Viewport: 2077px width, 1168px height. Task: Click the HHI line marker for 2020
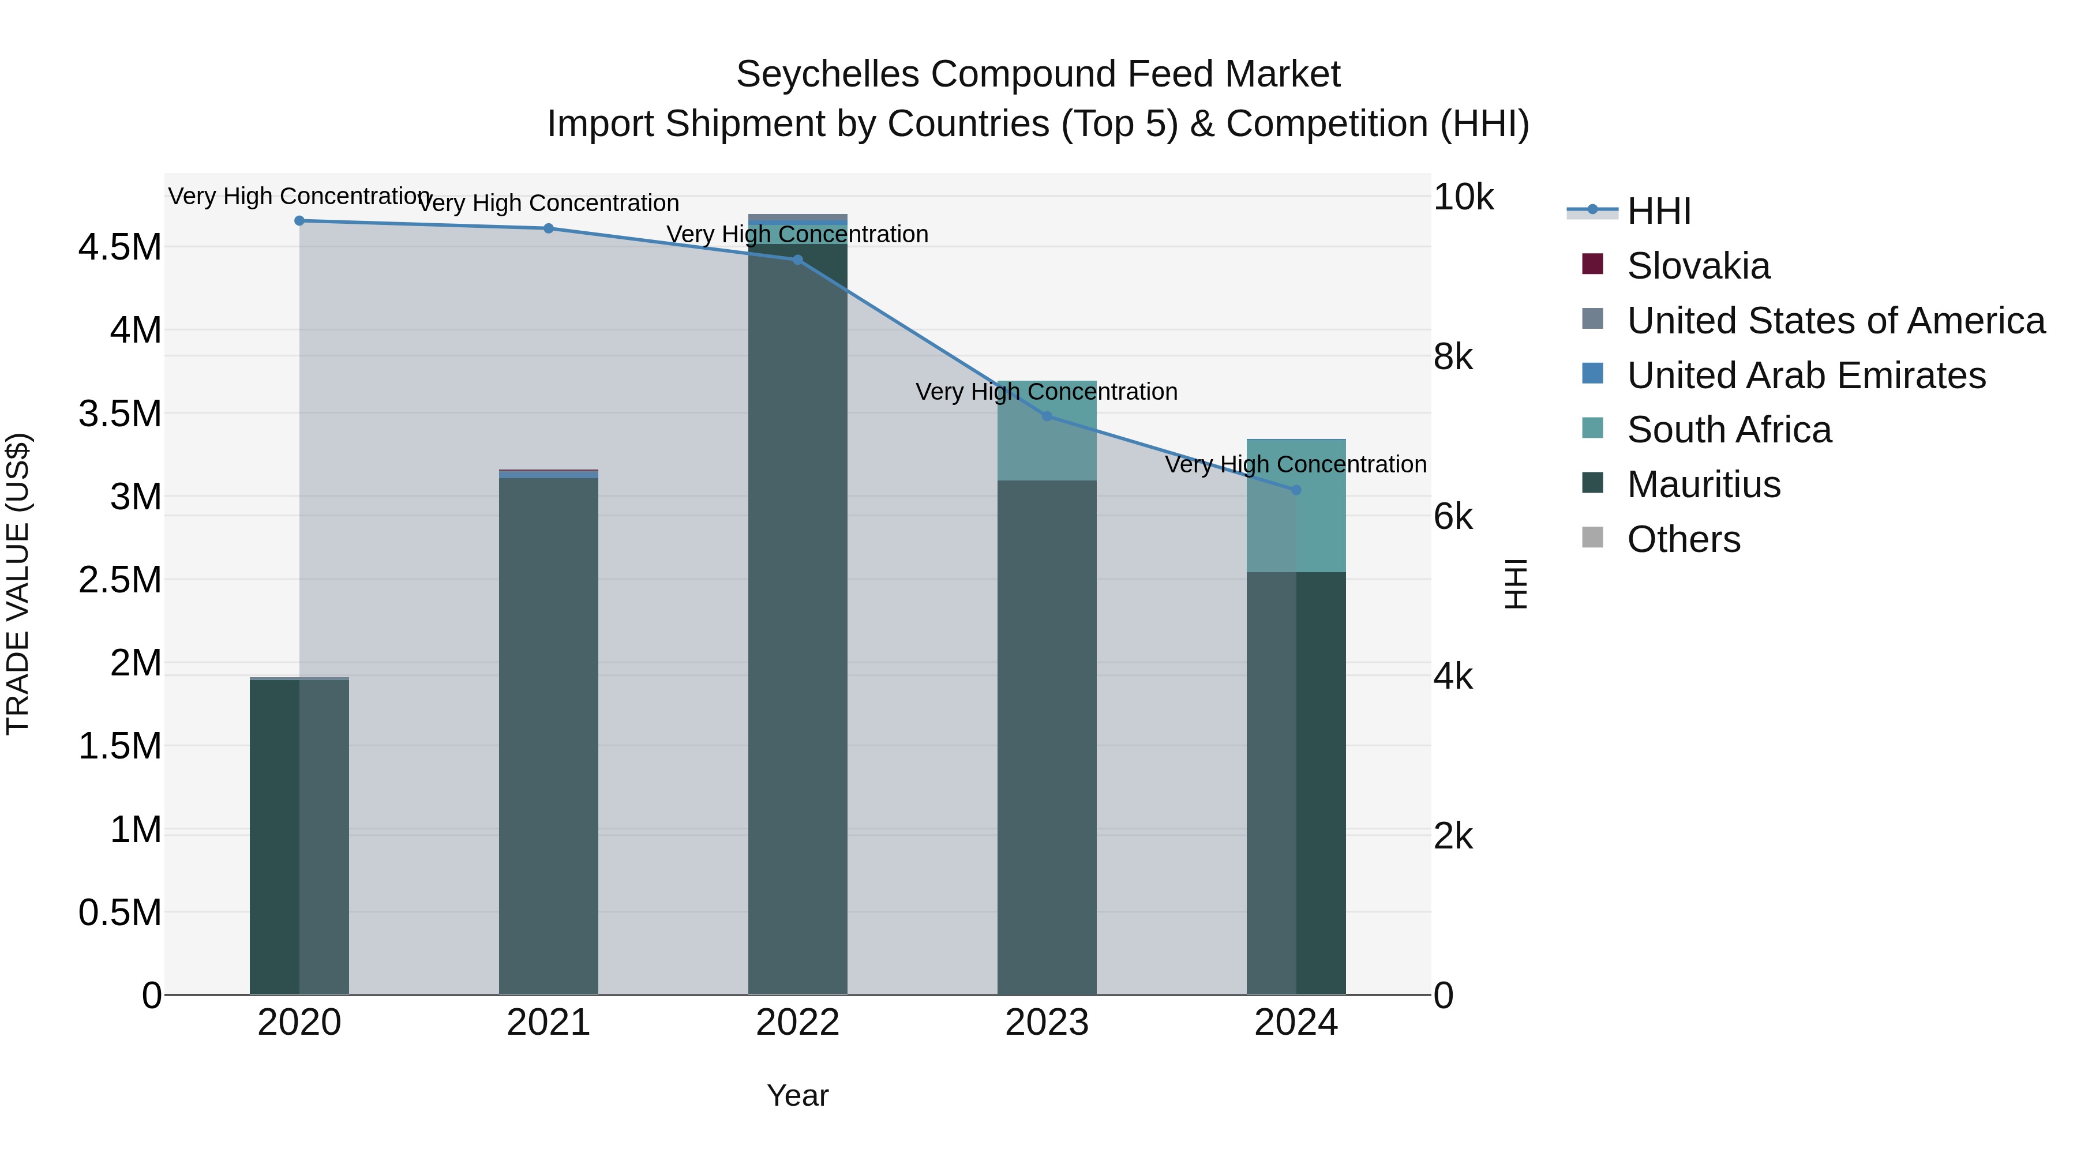click(299, 221)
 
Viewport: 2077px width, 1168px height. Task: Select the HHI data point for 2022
click(797, 260)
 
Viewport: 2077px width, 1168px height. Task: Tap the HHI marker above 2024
click(1296, 490)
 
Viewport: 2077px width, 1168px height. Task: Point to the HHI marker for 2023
click(1047, 417)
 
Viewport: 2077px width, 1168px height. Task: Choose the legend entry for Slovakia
click(1697, 266)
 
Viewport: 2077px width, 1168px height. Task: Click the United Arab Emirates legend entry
click(1805, 375)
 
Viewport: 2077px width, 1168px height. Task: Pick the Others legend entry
click(1683, 539)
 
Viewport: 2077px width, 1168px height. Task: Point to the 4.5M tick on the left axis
click(120, 247)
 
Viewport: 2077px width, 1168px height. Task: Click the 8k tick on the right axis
click(1452, 356)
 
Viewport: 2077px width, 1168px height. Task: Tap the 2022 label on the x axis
click(797, 1023)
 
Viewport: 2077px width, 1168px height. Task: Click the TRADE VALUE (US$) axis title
click(18, 584)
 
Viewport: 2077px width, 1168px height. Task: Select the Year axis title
click(797, 1095)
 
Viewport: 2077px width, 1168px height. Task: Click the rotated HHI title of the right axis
click(1516, 584)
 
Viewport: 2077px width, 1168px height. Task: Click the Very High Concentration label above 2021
click(548, 203)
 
